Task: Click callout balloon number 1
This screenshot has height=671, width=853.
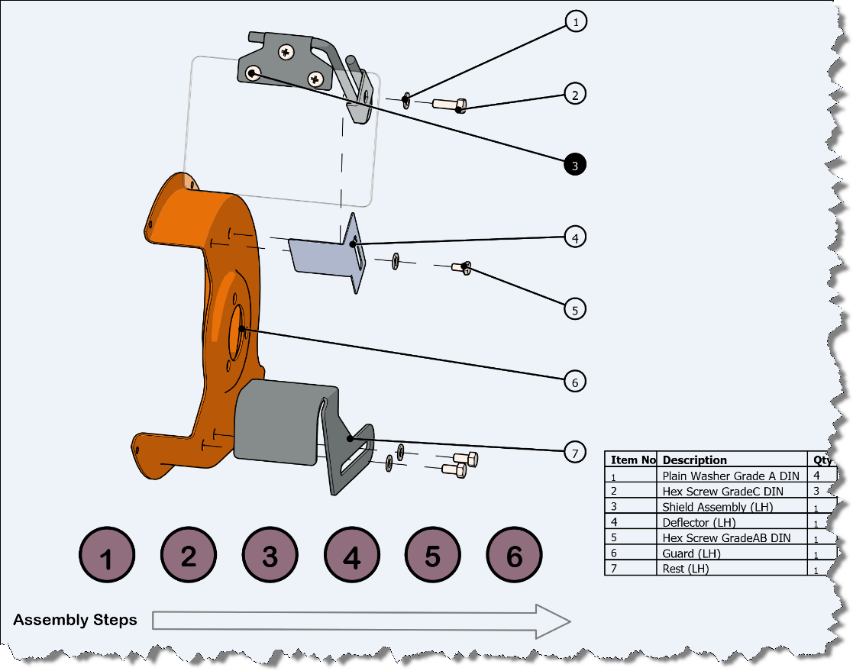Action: click(575, 21)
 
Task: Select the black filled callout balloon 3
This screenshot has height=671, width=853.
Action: click(575, 164)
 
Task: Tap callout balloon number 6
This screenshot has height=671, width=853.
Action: click(575, 381)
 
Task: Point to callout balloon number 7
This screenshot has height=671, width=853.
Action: click(575, 453)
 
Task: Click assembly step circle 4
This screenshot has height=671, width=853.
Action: click(351, 557)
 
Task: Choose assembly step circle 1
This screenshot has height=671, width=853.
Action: click(107, 557)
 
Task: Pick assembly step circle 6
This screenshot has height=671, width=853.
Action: click(514, 557)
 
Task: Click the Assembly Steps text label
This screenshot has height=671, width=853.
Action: click(75, 620)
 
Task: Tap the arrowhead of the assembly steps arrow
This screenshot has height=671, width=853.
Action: click(553, 621)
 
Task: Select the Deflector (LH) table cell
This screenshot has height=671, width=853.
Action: click(699, 523)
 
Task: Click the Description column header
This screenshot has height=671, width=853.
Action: click(694, 460)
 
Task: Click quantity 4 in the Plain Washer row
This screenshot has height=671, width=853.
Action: click(818, 476)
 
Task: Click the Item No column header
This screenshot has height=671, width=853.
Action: click(632, 460)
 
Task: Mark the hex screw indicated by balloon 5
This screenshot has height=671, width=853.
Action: click(460, 267)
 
